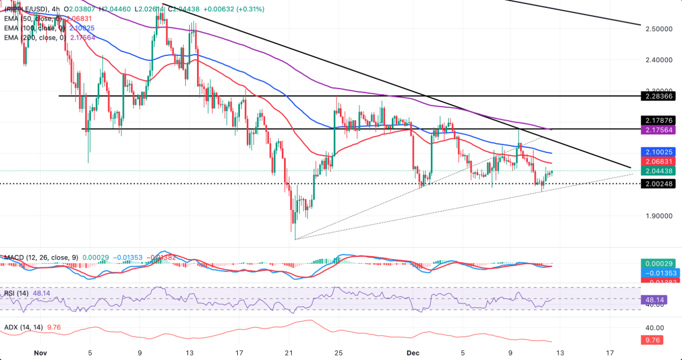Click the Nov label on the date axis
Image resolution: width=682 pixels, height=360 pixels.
40,352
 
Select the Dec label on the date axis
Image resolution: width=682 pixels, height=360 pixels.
413,352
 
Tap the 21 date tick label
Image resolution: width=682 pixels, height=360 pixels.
288,352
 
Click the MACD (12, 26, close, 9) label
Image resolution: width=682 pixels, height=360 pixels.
39,257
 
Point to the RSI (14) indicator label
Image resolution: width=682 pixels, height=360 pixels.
15,293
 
